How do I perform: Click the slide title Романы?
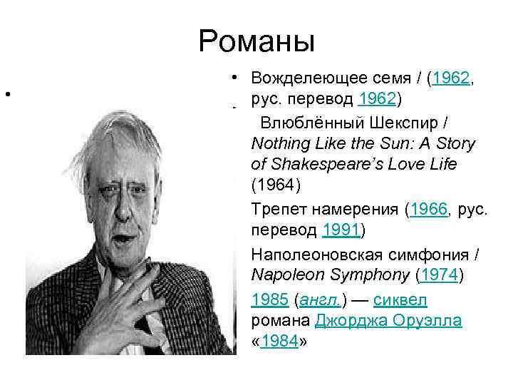coord(256,41)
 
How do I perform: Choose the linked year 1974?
coord(437,276)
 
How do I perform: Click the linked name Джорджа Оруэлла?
coord(390,321)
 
